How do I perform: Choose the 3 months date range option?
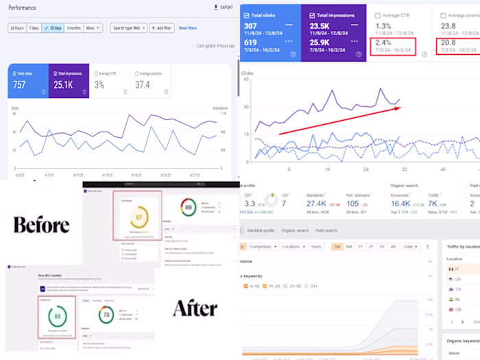click(73, 28)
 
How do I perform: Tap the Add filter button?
click(162, 28)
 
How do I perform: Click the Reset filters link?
click(187, 28)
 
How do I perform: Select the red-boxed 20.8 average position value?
click(451, 43)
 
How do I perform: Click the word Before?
click(41, 226)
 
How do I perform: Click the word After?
click(195, 309)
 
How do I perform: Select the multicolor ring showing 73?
click(105, 316)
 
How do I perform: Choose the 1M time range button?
click(337, 246)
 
